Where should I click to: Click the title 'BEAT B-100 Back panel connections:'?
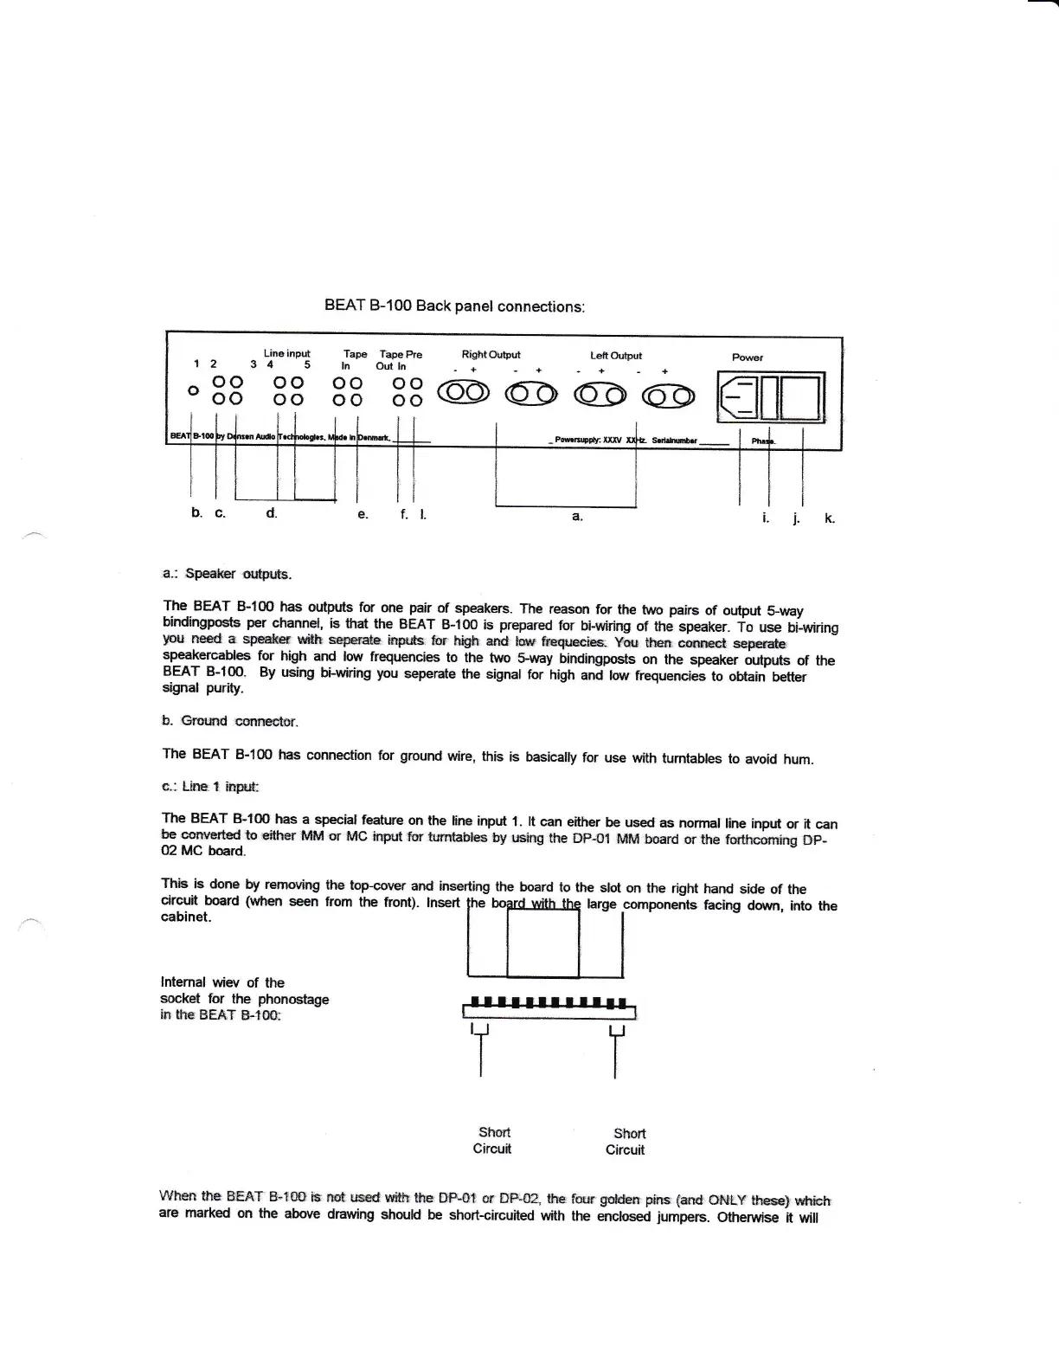pos(454,306)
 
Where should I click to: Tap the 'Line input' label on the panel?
pos(286,353)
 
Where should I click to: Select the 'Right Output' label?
pos(491,354)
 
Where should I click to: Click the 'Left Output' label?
pos(616,355)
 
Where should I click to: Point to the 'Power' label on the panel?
pos(748,357)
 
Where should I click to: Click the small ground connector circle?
pos(193,390)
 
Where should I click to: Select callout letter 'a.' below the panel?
pos(577,516)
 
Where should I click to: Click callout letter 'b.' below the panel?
pos(196,512)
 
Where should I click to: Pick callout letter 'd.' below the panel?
pos(272,512)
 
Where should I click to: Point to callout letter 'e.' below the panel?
pos(363,514)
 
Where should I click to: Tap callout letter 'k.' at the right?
pos(829,518)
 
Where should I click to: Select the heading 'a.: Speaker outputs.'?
pos(227,574)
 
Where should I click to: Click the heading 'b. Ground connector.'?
pos(229,721)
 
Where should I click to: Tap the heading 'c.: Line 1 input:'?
pos(210,787)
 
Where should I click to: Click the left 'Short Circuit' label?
pos(493,1140)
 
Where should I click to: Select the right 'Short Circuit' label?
pos(627,1142)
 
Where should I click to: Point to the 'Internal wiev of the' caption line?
pos(222,982)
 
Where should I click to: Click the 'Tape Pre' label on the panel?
pos(401,354)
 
